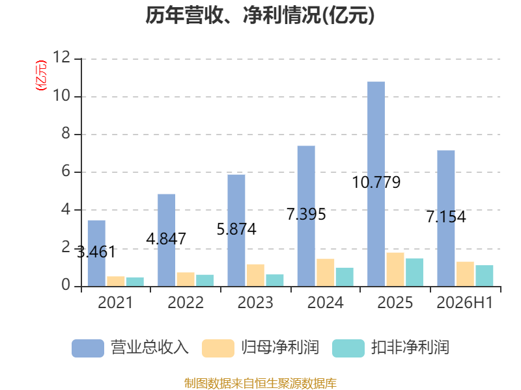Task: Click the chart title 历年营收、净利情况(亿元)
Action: [260, 16]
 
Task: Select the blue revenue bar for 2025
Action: [376, 184]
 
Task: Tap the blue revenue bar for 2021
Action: [96, 253]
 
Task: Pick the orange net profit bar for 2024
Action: [325, 272]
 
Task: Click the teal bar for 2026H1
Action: [485, 276]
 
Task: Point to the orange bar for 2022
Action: [186, 279]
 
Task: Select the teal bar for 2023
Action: [275, 280]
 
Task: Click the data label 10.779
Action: [376, 183]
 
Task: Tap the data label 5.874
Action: [236, 229]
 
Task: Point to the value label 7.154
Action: [446, 216]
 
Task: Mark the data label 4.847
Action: [166, 239]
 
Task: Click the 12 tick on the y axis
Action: [62, 57]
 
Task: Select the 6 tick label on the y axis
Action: [66, 171]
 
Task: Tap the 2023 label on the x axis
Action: [255, 302]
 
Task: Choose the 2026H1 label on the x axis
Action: [465, 302]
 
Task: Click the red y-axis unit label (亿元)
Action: [41, 75]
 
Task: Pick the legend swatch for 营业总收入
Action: [88, 348]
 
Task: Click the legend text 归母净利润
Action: [280, 348]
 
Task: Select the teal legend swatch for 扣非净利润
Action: [348, 348]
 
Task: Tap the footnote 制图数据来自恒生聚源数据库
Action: [260, 383]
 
